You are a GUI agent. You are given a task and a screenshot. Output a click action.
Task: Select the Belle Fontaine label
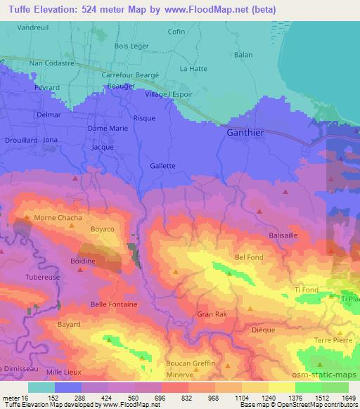tap(115, 304)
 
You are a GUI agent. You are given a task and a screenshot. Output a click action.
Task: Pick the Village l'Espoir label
tap(168, 94)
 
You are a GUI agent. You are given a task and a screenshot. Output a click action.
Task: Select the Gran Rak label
tap(212, 314)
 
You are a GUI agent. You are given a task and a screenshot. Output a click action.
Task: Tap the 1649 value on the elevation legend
tap(348, 397)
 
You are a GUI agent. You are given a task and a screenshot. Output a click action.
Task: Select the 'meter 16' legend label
tap(14, 397)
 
